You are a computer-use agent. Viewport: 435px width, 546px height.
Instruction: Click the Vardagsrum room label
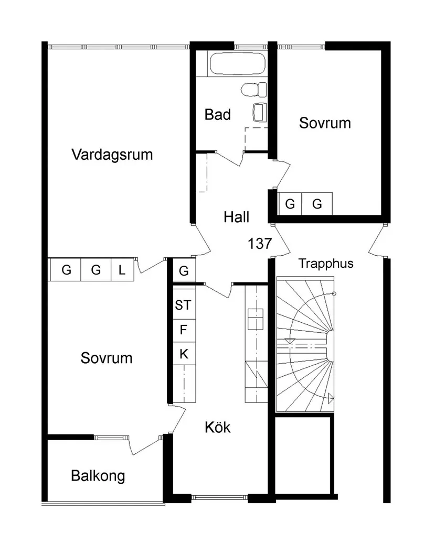pos(112,155)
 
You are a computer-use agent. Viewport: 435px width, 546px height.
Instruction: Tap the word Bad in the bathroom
pos(217,114)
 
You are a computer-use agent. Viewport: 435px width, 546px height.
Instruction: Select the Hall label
pos(236,216)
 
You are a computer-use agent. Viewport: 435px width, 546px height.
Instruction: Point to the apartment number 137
pos(260,243)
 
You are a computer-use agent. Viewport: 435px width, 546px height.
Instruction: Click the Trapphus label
pos(326,263)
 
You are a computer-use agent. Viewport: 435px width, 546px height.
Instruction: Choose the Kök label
pos(217,427)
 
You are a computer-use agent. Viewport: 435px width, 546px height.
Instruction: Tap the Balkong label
pos(98,476)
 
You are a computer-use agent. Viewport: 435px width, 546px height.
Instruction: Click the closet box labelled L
pos(122,270)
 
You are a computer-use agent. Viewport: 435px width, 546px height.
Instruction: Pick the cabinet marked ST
pos(183,305)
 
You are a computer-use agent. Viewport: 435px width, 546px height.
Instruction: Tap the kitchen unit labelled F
pos(183,330)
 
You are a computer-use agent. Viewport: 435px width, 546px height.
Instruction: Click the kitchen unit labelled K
pos(183,354)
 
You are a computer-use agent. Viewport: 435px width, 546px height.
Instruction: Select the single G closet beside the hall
pos(184,271)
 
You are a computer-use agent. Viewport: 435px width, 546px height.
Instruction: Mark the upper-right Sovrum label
pos(325,123)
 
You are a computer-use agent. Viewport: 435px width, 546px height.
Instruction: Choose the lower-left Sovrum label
pos(107,358)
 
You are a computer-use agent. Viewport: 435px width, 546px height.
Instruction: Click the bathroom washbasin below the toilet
pos(259,112)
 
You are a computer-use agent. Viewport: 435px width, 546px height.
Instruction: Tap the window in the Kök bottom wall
pos(219,497)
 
